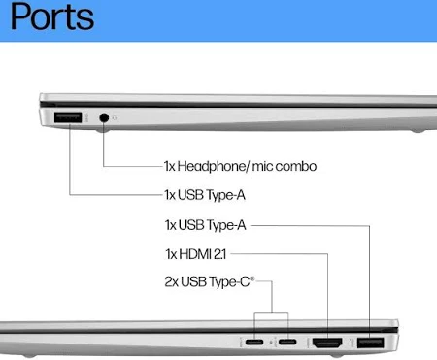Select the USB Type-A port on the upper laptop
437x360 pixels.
click(69, 118)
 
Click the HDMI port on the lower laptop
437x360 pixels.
click(326, 343)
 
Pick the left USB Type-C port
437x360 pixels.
click(254, 343)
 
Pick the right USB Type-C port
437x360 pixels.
click(287, 343)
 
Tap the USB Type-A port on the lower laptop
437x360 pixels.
click(369, 343)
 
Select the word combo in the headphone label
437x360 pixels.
click(296, 166)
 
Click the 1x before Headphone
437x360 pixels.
click(172, 166)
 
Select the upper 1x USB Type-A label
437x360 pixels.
click(205, 194)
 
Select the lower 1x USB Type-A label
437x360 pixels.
click(205, 225)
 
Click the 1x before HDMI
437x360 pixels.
click(172, 254)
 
